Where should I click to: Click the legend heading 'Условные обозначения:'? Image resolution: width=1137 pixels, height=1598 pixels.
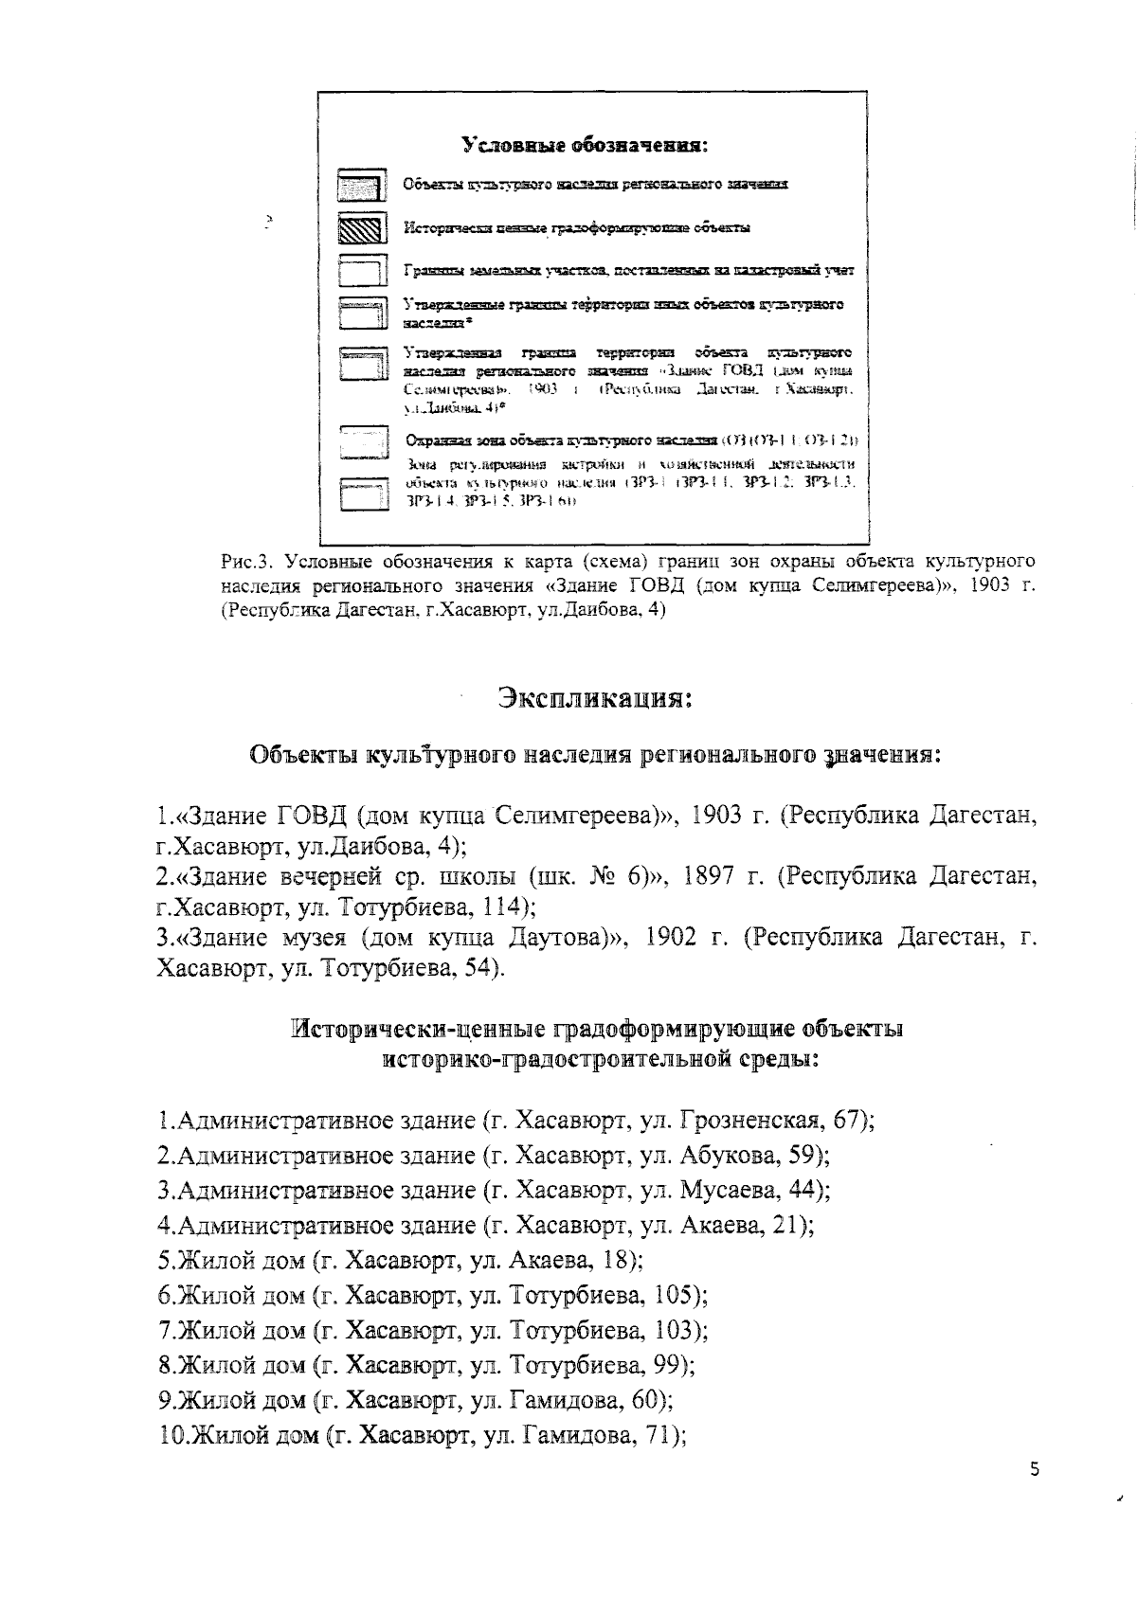coord(586,146)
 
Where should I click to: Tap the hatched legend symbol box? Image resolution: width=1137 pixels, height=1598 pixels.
coord(362,229)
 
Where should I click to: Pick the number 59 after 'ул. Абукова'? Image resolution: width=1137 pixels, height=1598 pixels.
coord(805,1156)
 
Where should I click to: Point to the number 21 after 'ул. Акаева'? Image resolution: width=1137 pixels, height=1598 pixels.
coord(788,1225)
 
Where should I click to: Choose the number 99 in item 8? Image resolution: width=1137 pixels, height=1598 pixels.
coord(670,1365)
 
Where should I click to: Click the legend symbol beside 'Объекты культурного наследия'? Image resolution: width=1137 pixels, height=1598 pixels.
coord(362,185)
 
